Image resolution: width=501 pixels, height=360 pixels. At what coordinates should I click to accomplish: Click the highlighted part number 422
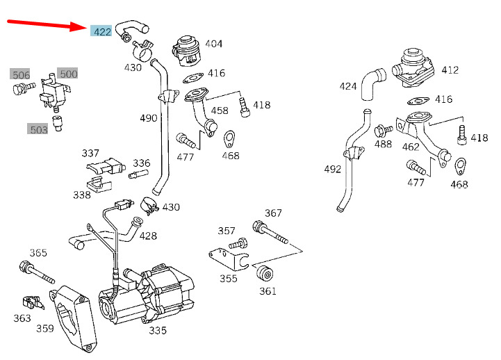(x=101, y=31)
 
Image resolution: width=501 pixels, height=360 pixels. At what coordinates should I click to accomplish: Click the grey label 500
(x=67, y=73)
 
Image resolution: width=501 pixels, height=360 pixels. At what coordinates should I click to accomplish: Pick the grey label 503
(x=38, y=129)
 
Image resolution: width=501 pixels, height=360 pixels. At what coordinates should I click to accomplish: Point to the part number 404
(x=213, y=44)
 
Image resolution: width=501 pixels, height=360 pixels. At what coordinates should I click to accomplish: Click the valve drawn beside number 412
(x=413, y=68)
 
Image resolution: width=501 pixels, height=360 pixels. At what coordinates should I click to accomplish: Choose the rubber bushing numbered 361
(x=265, y=275)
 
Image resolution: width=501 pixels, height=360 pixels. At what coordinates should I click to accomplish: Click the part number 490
(x=149, y=118)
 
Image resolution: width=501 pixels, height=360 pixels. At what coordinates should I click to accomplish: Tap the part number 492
(x=333, y=169)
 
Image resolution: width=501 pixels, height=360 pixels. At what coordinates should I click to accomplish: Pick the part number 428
(x=148, y=236)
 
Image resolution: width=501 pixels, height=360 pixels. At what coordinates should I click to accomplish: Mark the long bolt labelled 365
(x=37, y=272)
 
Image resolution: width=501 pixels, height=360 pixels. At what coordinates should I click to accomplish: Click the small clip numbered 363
(x=32, y=302)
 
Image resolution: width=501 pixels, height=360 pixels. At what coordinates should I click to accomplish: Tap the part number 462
(x=411, y=147)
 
